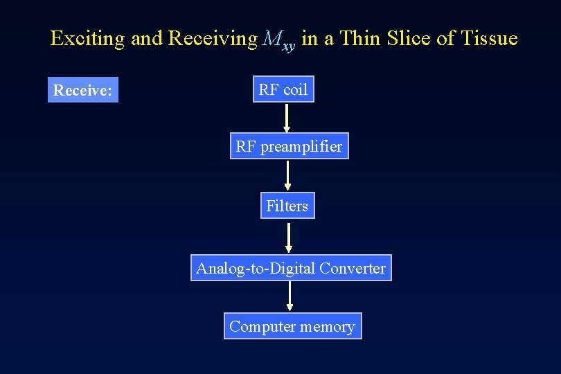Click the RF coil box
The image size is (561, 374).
[x=283, y=89]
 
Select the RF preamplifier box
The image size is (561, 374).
[x=289, y=147]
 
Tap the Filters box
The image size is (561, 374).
[x=287, y=206]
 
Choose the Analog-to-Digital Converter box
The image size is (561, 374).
[x=291, y=268]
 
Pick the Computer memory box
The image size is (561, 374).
[x=292, y=326]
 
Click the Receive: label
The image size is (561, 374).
[x=83, y=90]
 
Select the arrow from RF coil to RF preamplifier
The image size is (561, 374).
[x=287, y=118]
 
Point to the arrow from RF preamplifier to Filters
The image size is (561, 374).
[x=288, y=175]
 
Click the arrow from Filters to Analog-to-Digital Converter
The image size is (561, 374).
[x=289, y=237]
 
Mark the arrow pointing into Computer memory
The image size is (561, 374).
[x=290, y=296]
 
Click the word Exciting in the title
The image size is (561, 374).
[x=88, y=38]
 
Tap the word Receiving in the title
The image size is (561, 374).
[x=213, y=38]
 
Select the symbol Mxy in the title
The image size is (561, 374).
[x=279, y=40]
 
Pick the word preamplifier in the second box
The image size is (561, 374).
[x=301, y=148]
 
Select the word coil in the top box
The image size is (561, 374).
[x=295, y=89]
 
